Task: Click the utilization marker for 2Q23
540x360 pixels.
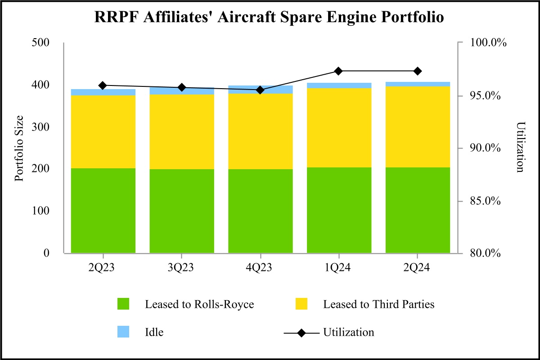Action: (x=103, y=85)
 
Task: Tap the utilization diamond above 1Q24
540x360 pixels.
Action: (x=339, y=71)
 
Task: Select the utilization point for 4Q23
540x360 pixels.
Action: (x=260, y=90)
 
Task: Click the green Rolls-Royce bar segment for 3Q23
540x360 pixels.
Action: (x=182, y=211)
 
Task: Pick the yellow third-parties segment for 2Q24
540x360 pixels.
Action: (x=418, y=127)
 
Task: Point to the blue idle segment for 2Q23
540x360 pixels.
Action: (x=103, y=92)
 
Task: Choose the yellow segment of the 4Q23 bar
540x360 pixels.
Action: (x=260, y=131)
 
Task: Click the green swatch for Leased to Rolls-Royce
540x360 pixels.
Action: (x=123, y=304)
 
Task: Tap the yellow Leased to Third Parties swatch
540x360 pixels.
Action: (x=301, y=304)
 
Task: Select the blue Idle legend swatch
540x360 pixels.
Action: (x=123, y=332)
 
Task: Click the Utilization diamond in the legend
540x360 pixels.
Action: (x=301, y=333)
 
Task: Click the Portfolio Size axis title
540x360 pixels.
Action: (x=19, y=148)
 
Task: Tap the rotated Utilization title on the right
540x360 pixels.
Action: (x=521, y=147)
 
